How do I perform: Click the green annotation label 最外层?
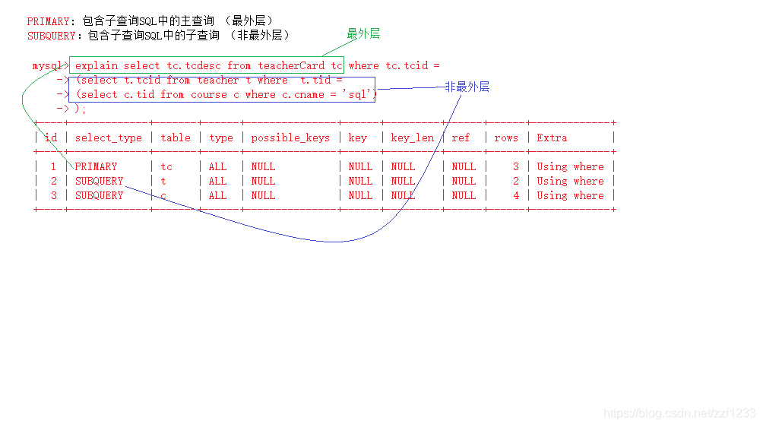click(x=363, y=34)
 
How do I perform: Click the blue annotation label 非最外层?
click(x=467, y=87)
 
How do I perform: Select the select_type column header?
click(x=109, y=138)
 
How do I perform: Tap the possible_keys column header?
click(x=290, y=138)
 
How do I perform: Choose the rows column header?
click(x=505, y=138)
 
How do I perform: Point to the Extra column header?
click(x=552, y=138)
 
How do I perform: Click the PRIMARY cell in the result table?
click(x=96, y=166)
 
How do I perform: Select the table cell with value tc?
click(x=166, y=166)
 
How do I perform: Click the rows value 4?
click(x=515, y=195)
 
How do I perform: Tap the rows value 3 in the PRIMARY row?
click(x=515, y=166)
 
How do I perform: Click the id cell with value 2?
click(x=54, y=181)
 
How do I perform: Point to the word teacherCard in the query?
click(x=291, y=65)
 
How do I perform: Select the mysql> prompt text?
click(x=50, y=66)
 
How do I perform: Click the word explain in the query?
click(x=96, y=65)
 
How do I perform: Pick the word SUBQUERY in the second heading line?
click(x=51, y=36)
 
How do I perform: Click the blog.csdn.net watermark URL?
click(x=679, y=413)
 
